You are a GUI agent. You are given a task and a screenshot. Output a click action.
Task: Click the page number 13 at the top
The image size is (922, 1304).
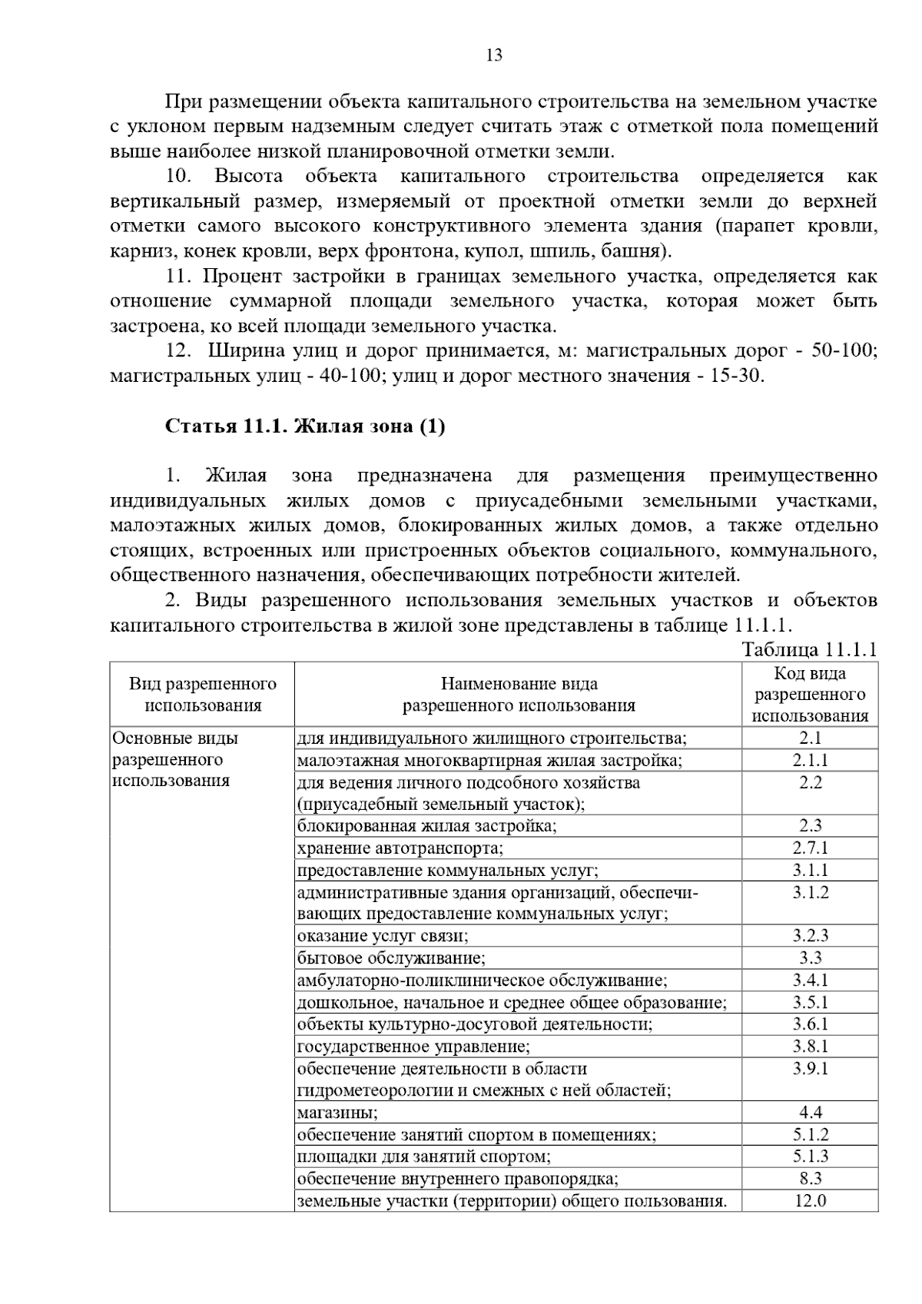pyautogui.click(x=494, y=55)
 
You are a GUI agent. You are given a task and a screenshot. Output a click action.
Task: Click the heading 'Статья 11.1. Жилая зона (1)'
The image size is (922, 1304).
pyautogui.click(x=305, y=426)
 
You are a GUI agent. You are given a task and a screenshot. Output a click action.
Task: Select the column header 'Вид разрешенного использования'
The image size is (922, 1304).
pyautogui.click(x=202, y=694)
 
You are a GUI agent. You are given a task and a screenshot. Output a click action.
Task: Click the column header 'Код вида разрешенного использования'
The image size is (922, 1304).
pyautogui.click(x=810, y=694)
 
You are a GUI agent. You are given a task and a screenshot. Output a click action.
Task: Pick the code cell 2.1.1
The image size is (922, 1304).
pyautogui.click(x=810, y=760)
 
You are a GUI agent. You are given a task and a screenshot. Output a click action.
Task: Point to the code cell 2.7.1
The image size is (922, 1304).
pyautogui.click(x=810, y=848)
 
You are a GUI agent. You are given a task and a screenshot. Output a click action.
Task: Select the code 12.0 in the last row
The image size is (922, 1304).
pyautogui.click(x=810, y=1200)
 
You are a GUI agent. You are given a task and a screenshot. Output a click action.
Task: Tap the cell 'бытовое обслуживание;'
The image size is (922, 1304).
pyautogui.click(x=391, y=957)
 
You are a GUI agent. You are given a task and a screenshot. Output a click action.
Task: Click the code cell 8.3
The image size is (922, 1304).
pyautogui.click(x=810, y=1178)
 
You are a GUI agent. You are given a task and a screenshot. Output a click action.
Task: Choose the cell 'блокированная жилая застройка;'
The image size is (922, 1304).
pyautogui.click(x=427, y=826)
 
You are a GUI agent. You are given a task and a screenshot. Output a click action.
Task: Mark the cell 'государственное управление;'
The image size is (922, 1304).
pyautogui.click(x=413, y=1046)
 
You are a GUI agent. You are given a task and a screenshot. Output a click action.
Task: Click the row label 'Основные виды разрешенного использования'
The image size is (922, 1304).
pyautogui.click(x=175, y=759)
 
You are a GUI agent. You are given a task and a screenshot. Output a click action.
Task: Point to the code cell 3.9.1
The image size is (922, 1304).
pyautogui.click(x=810, y=1068)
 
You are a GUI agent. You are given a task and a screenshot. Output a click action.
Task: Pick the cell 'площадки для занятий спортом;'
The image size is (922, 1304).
pyautogui.click(x=423, y=1156)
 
